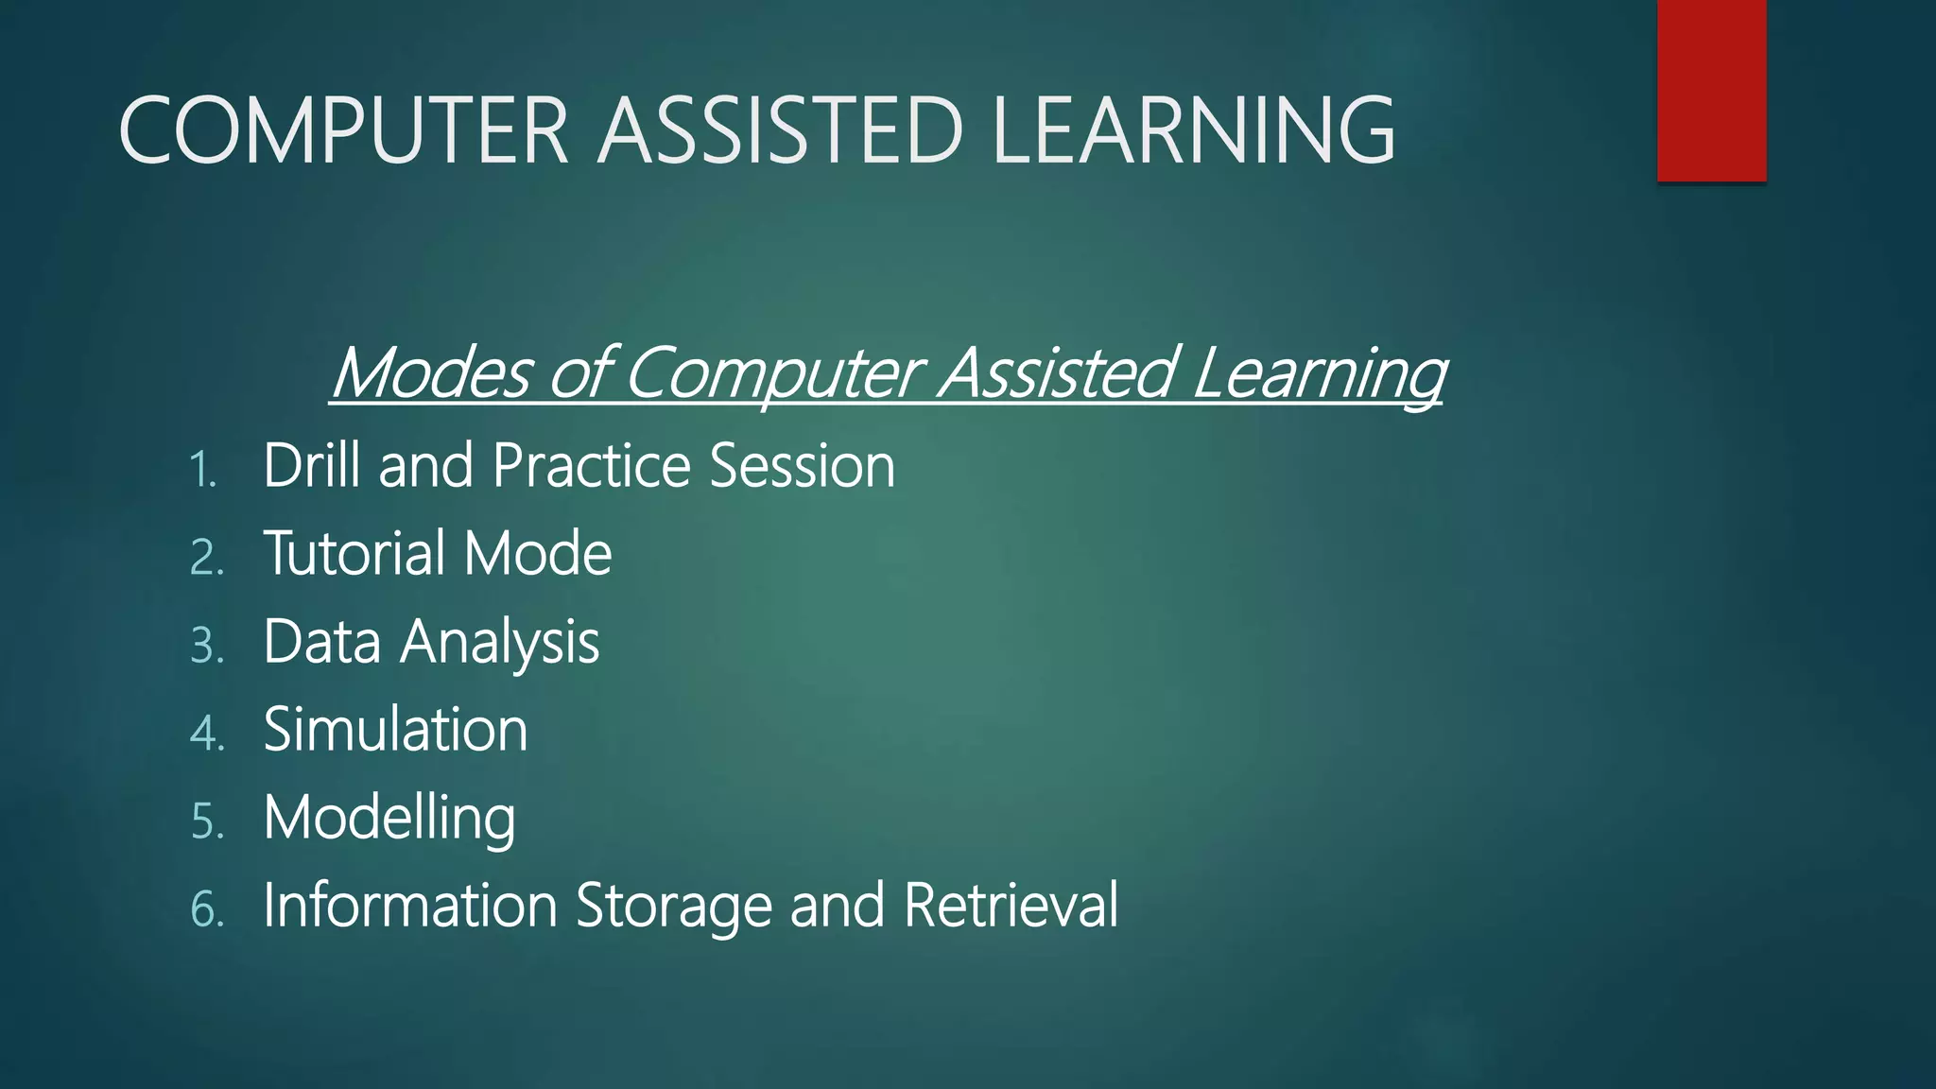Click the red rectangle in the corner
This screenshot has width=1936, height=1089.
click(x=1711, y=90)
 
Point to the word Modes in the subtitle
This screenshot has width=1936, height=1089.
click(x=431, y=372)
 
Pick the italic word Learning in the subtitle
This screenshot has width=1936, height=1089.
click(x=1318, y=374)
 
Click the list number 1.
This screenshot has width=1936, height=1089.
click(x=202, y=470)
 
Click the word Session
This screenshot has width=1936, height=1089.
click(x=802, y=465)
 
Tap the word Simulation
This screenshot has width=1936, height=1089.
click(x=395, y=729)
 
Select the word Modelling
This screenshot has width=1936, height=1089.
click(x=389, y=819)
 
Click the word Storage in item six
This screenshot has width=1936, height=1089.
click(x=674, y=907)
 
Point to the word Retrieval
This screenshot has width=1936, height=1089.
click(x=1011, y=905)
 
